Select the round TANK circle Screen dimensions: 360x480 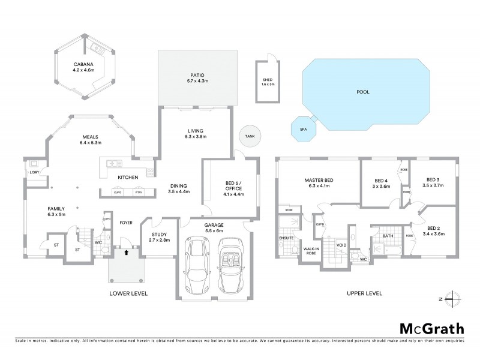click(x=249, y=136)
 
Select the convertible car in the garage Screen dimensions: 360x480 click(x=228, y=262)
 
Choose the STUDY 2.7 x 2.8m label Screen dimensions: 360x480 click(x=160, y=238)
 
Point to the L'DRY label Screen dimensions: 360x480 click(x=34, y=173)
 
